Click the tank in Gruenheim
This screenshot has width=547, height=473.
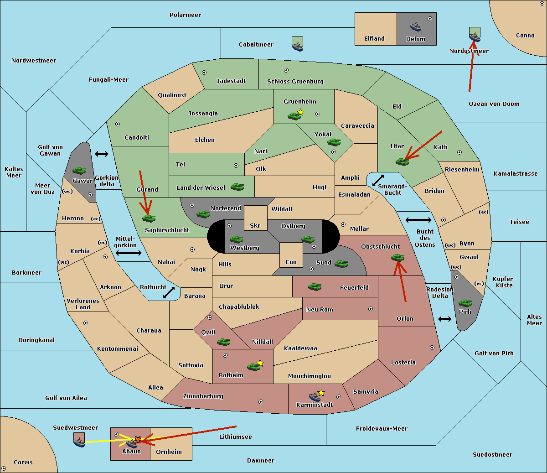tap(294, 116)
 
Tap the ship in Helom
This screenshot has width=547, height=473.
tap(415, 26)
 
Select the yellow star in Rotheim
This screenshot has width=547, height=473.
tap(260, 363)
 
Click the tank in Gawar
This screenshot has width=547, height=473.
tap(79, 170)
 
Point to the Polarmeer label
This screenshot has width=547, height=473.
tap(185, 15)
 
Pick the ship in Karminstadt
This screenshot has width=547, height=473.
tap(315, 397)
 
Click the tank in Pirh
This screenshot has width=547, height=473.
tap(465, 303)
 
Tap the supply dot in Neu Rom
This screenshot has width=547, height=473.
tap(371, 309)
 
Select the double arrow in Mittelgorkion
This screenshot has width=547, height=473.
tap(129, 253)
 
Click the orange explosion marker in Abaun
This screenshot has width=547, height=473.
tap(138, 440)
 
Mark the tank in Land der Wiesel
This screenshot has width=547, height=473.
tap(237, 187)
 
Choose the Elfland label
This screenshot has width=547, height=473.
tap(374, 39)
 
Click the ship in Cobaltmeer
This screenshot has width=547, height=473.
tap(297, 47)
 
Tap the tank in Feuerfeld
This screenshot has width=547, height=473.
tap(315, 287)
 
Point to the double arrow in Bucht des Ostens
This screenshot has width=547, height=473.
tap(418, 220)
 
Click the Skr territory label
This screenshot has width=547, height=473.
tap(255, 225)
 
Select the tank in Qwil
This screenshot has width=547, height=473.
tap(223, 342)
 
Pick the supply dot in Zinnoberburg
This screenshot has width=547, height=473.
tap(261, 402)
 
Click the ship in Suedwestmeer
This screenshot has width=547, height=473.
tap(79, 442)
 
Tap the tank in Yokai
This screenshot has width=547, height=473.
tap(334, 142)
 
